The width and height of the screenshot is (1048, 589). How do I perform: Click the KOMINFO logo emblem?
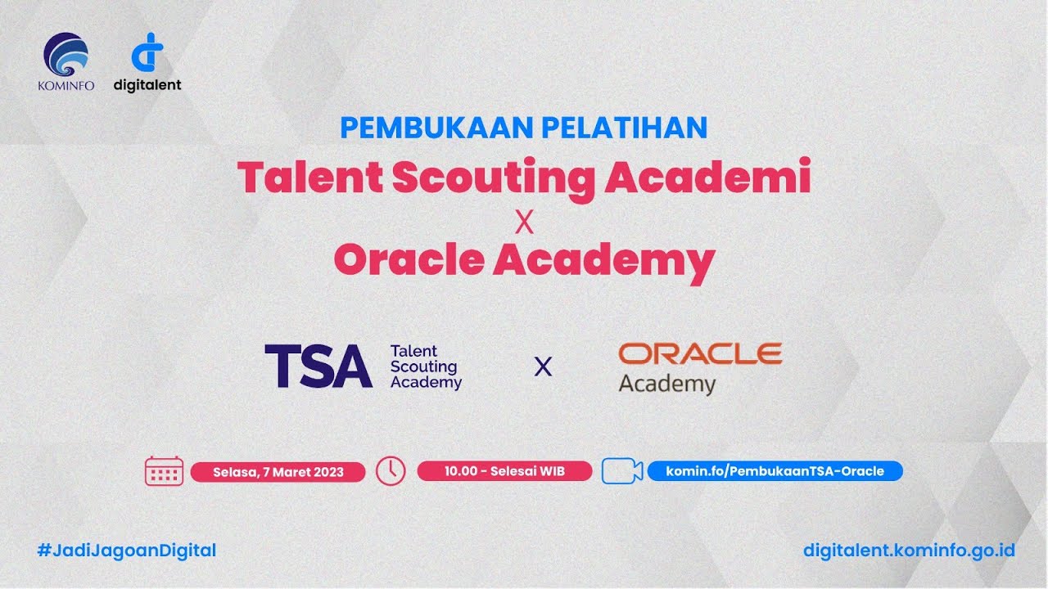[65, 55]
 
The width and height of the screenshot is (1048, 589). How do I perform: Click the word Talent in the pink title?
[309, 178]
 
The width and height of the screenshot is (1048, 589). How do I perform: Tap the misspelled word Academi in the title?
[707, 178]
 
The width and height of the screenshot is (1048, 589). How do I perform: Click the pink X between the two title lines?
[524, 222]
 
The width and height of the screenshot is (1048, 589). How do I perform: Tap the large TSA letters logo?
[318, 366]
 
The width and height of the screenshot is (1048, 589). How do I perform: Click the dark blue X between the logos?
[542, 367]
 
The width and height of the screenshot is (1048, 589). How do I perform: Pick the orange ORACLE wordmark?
[700, 353]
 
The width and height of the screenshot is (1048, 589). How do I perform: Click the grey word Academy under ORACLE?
[666, 384]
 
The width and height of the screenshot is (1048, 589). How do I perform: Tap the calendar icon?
[164, 471]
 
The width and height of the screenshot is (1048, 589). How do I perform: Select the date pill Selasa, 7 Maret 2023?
[278, 472]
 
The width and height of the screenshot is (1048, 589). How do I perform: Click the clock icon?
[391, 471]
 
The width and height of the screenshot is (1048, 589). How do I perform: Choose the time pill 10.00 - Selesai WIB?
[504, 471]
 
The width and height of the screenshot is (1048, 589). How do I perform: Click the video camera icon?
[621, 471]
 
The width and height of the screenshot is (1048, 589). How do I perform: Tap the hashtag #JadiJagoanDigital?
[127, 551]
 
